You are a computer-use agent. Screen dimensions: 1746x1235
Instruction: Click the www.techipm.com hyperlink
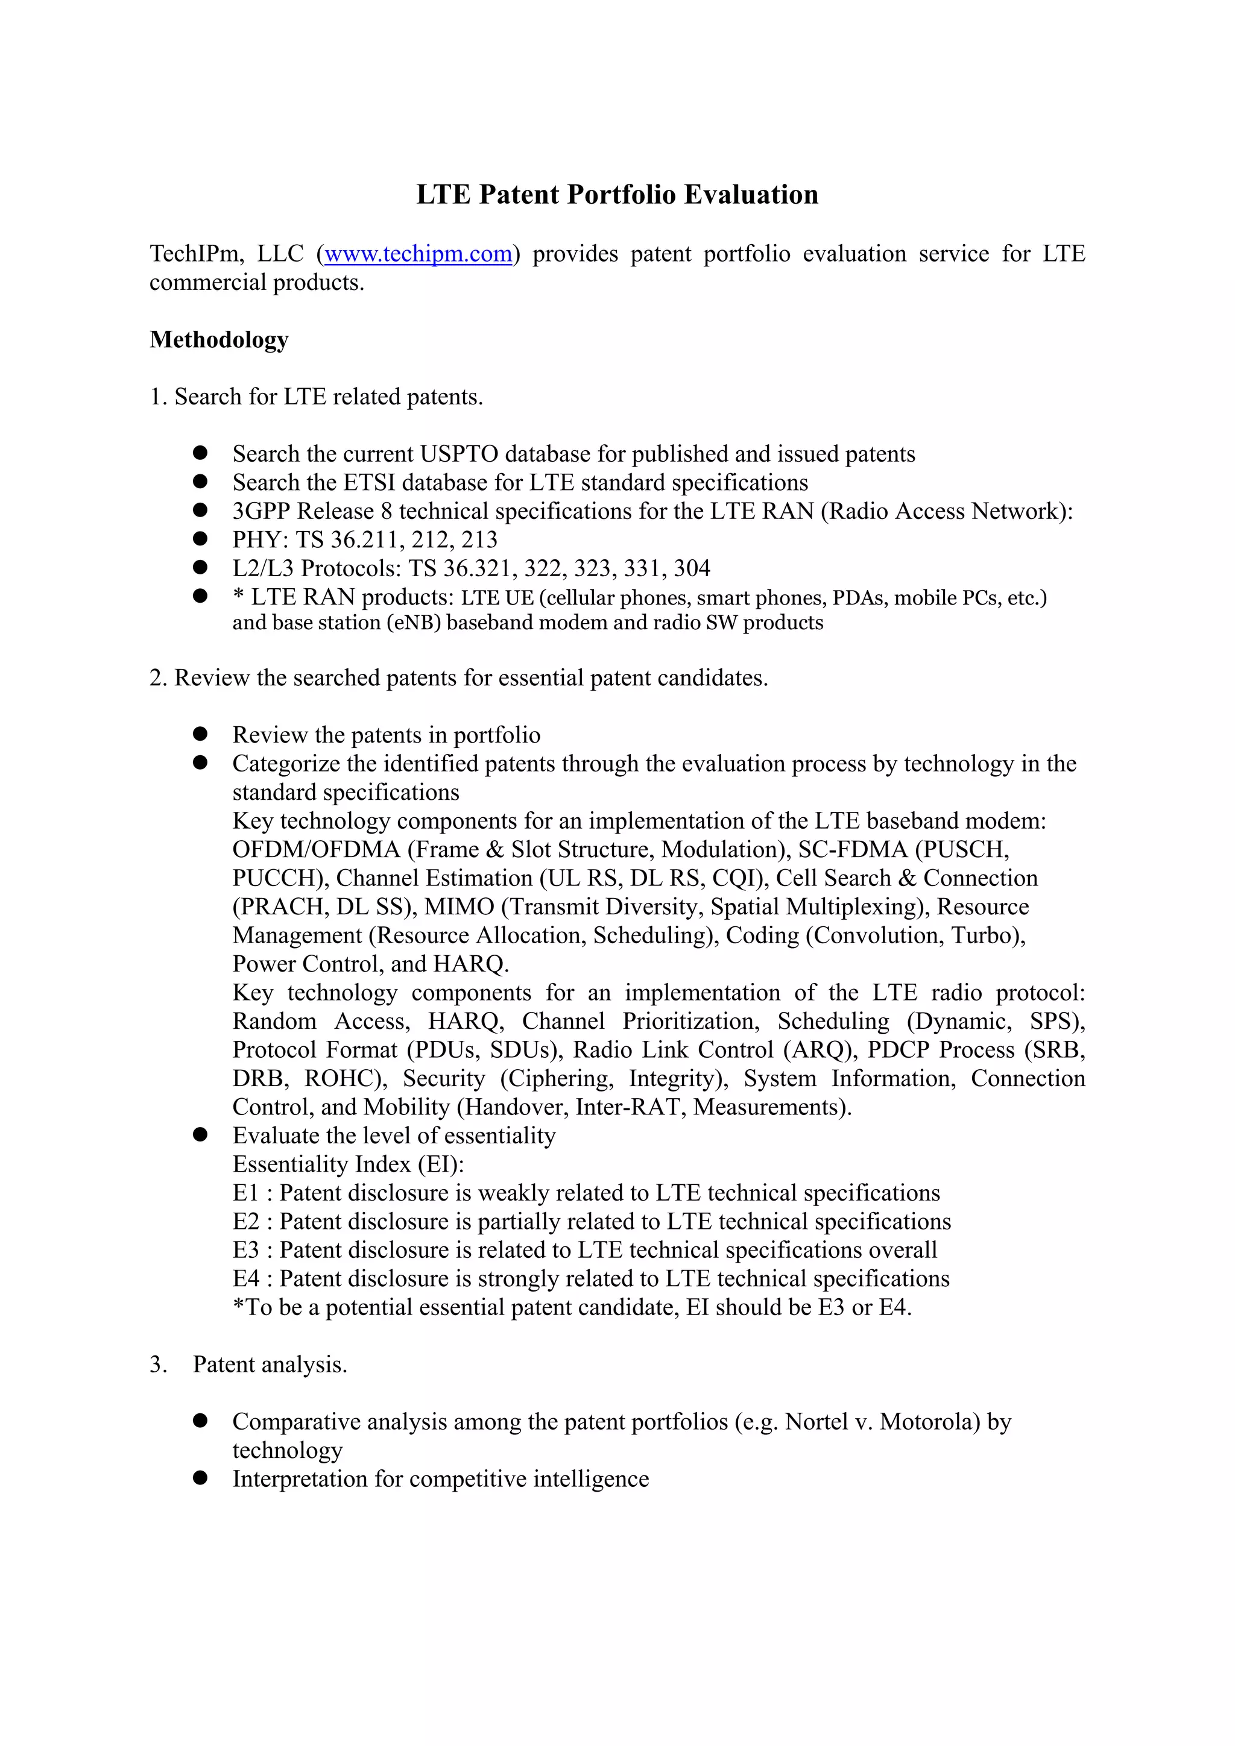click(x=418, y=253)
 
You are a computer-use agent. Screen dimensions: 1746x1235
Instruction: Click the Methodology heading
click(x=219, y=339)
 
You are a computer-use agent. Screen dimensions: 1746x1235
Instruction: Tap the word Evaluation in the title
click(x=750, y=195)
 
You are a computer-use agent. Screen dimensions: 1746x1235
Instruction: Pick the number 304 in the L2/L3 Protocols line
click(x=692, y=568)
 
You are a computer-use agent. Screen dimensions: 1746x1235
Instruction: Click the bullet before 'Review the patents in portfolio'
click(x=200, y=734)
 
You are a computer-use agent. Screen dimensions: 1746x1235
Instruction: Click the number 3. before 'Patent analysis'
click(x=157, y=1364)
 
